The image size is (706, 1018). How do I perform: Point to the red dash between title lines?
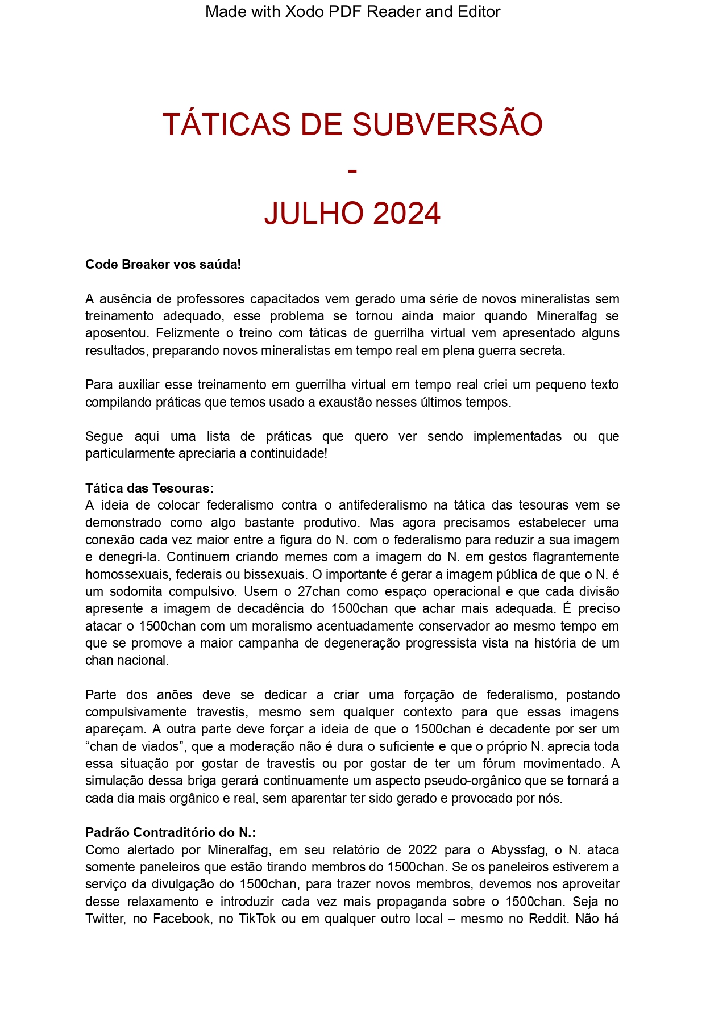click(352, 170)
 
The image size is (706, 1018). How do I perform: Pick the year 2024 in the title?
click(407, 214)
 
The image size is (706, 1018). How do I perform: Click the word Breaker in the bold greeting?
click(146, 264)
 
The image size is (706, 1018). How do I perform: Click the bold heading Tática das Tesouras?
click(149, 488)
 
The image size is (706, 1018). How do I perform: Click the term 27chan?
click(321, 591)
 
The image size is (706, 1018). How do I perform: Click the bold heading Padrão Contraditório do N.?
click(171, 832)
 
